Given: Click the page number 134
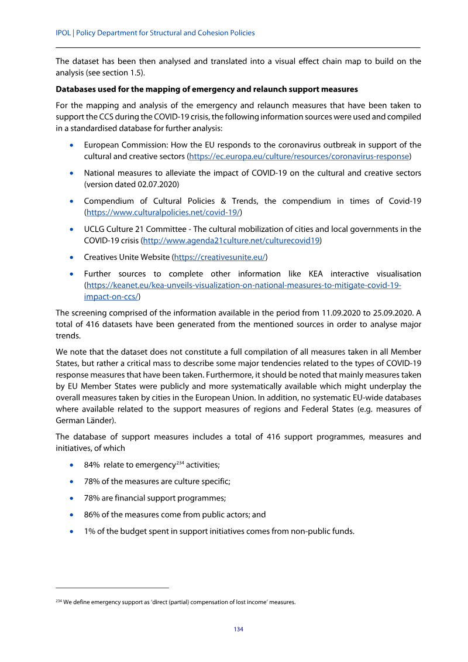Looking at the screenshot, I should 239,629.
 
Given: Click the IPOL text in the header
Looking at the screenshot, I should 63,33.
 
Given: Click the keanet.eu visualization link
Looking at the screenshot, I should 243,285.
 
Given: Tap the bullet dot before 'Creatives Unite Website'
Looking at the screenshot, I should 71,258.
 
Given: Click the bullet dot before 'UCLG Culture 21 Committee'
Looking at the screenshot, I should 71,229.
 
